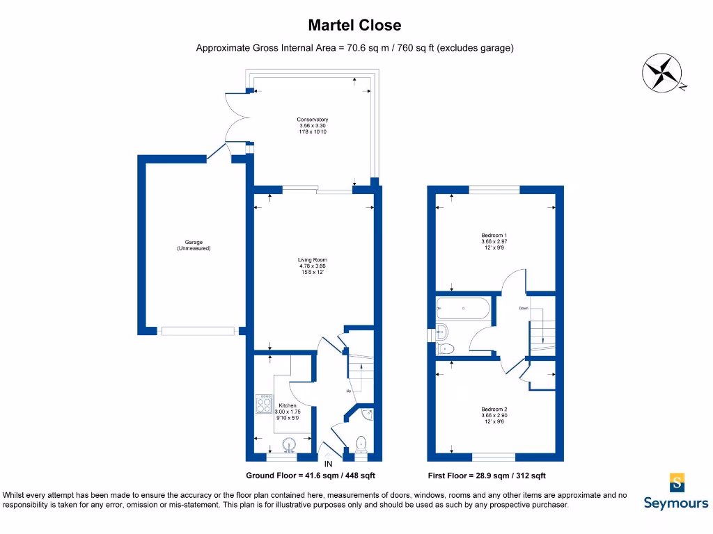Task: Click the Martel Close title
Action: pyautogui.click(x=355, y=26)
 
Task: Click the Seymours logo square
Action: pyautogui.click(x=676, y=482)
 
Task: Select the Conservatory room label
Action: pyautogui.click(x=312, y=125)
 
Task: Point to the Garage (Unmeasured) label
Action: pyautogui.click(x=194, y=245)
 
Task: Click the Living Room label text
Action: pyautogui.click(x=312, y=266)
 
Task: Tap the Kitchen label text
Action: pyautogui.click(x=287, y=412)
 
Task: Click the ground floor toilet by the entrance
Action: pyautogui.click(x=361, y=444)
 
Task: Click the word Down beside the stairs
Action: pyautogui.click(x=523, y=308)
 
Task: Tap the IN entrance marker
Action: pyautogui.click(x=328, y=464)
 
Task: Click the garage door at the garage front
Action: pyautogui.click(x=198, y=331)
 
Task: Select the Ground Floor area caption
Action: pyautogui.click(x=311, y=476)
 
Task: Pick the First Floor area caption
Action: pyautogui.click(x=487, y=476)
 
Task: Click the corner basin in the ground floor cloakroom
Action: pyautogui.click(x=367, y=415)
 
